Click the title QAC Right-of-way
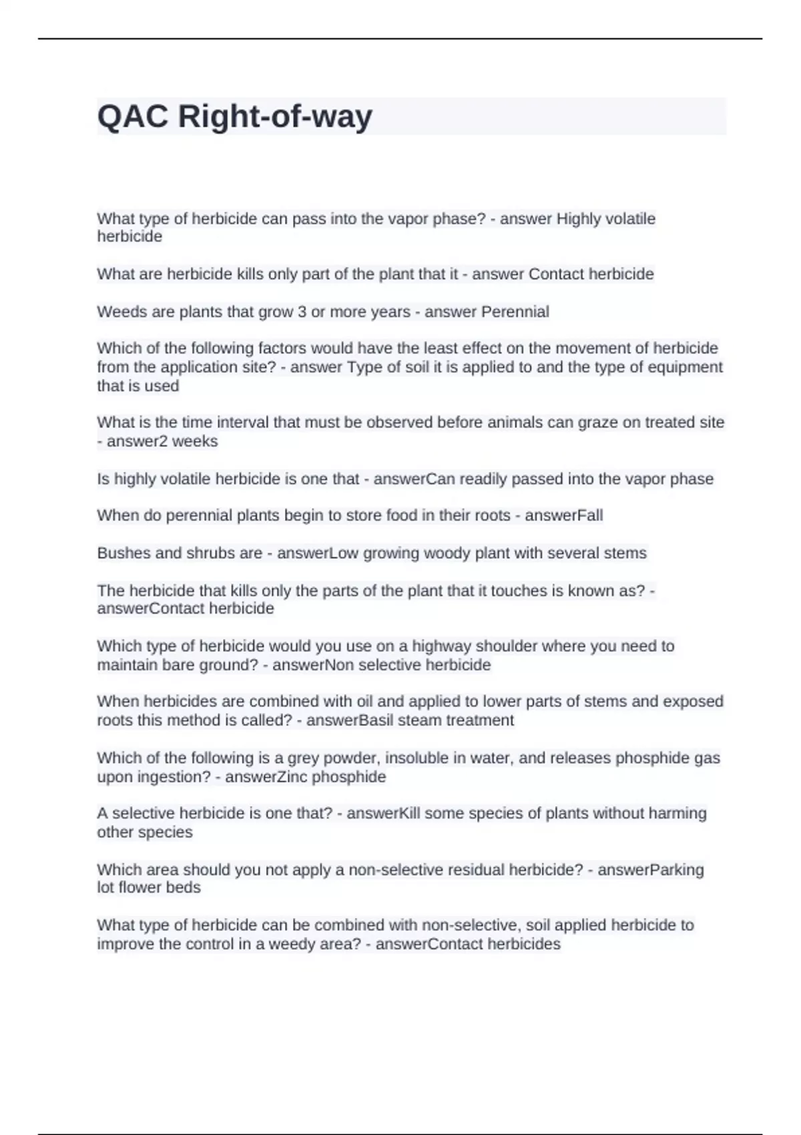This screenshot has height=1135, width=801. pos(234,117)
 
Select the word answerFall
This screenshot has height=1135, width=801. pos(563,515)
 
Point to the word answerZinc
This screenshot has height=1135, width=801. pos(266,777)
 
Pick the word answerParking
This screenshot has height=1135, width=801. pos(650,870)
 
